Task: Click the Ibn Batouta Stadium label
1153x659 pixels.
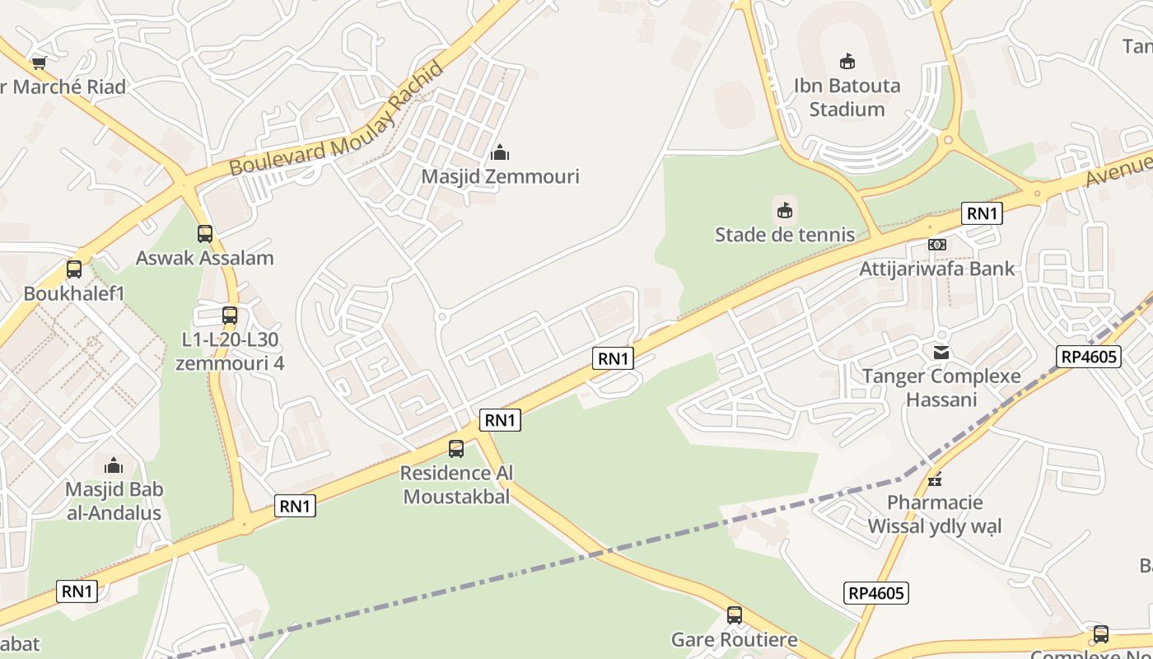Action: pyautogui.click(x=847, y=97)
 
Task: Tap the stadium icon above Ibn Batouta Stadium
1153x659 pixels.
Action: pyautogui.click(x=847, y=61)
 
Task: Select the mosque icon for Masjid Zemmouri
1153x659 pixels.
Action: pyautogui.click(x=500, y=152)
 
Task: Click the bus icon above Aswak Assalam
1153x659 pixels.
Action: pyautogui.click(x=204, y=234)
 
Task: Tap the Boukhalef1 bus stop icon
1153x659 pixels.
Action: pyautogui.click(x=74, y=269)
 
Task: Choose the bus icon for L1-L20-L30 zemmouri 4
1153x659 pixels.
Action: pyautogui.click(x=230, y=315)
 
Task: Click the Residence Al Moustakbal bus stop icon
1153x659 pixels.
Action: pyautogui.click(x=456, y=449)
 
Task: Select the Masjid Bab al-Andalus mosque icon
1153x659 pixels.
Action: pyautogui.click(x=114, y=465)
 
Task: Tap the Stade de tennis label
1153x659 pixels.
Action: pyautogui.click(x=785, y=235)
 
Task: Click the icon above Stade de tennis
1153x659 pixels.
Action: pyautogui.click(x=785, y=211)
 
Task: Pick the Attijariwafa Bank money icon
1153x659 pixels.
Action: pyautogui.click(x=937, y=245)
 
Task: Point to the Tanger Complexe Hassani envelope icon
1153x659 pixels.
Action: pyautogui.click(x=941, y=353)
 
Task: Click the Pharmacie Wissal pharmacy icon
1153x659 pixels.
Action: pyautogui.click(x=935, y=479)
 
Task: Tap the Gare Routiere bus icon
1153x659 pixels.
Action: pyautogui.click(x=734, y=615)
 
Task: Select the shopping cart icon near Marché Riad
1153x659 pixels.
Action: pyautogui.click(x=39, y=63)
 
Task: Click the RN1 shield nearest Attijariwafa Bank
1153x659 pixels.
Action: pyautogui.click(x=982, y=214)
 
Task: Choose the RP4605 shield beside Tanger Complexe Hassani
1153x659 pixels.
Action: pyautogui.click(x=1089, y=357)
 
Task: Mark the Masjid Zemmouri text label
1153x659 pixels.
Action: pyautogui.click(x=500, y=176)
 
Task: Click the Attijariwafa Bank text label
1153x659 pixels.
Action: pyautogui.click(x=937, y=269)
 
